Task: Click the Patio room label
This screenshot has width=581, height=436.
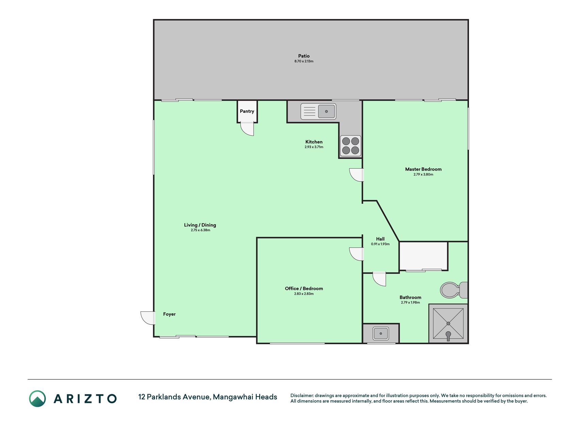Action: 304,56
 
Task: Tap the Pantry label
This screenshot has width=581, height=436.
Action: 247,111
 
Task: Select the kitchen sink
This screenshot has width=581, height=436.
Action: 318,111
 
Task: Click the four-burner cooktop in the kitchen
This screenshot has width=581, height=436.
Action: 351,146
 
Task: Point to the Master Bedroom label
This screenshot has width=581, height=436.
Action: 423,169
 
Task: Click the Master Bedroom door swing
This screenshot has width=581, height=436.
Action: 357,175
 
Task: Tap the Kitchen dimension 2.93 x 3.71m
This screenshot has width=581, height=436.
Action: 314,147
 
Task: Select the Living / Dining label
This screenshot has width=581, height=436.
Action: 200,225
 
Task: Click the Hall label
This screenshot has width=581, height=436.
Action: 380,239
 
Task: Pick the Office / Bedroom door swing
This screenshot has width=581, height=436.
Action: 357,254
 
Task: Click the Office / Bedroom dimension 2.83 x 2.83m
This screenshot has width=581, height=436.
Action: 304,294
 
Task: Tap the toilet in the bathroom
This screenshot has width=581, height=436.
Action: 454,290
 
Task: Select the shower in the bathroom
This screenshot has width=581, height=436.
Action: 448,324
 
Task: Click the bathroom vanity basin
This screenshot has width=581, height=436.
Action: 381,333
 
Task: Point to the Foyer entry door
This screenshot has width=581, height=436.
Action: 148,318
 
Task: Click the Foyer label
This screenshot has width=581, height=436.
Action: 169,314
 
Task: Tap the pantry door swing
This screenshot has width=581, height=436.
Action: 247,129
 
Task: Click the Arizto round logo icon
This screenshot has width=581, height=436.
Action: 37,399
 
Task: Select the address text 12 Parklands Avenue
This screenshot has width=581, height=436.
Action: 174,397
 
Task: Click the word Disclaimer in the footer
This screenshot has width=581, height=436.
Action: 302,395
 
